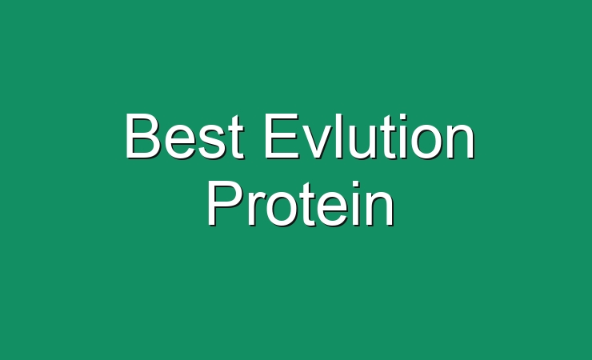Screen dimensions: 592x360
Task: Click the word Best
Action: pos(184,136)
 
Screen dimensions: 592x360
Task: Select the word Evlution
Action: pos(370,136)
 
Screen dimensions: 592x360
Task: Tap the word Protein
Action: pos(301,204)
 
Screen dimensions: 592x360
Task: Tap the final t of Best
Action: pos(234,138)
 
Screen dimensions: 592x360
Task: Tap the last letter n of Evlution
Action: pos(462,141)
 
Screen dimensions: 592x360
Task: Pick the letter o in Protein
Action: pos(282,210)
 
